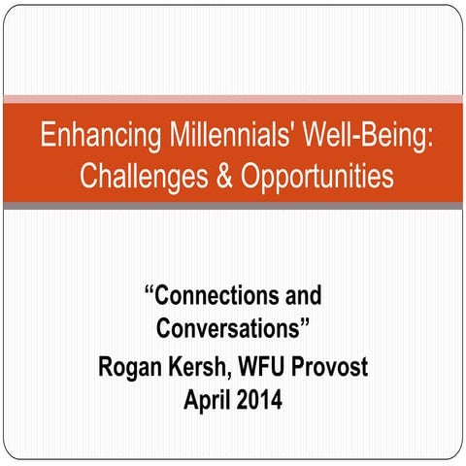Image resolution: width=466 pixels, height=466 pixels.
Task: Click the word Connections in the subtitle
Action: pos(219,295)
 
